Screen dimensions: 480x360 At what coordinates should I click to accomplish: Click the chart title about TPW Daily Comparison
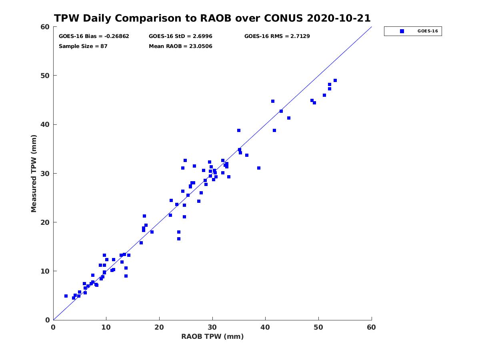[x=212, y=18]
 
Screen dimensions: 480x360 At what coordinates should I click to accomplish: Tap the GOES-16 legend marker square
[x=402, y=31]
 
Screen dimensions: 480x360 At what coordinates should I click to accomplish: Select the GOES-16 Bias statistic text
[x=94, y=36]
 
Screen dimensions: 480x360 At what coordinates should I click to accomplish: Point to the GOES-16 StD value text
[x=180, y=36]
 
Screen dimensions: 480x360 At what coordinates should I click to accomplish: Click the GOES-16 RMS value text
[x=277, y=36]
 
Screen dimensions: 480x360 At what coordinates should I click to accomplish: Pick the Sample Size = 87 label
[x=83, y=46]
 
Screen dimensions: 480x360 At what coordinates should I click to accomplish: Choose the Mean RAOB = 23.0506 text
[x=180, y=46]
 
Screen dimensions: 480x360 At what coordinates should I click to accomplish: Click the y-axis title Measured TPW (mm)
[x=34, y=174]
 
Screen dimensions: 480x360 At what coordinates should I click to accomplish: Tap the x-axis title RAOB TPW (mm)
[x=212, y=336]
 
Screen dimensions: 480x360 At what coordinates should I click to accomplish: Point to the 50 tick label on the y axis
[x=45, y=76]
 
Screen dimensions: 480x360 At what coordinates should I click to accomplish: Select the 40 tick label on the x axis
[x=265, y=327]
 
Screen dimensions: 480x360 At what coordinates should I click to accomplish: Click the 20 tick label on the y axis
[x=45, y=222]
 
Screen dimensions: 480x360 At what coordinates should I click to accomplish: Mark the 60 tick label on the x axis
[x=371, y=327]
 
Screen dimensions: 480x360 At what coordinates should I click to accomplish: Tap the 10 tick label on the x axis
[x=106, y=327]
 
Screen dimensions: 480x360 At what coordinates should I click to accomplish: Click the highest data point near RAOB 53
[x=335, y=80]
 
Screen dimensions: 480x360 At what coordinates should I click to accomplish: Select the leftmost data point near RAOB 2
[x=66, y=296]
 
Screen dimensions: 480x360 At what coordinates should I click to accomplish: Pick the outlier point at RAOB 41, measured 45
[x=273, y=101]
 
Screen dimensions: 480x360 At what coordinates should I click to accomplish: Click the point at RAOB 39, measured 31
[x=259, y=168]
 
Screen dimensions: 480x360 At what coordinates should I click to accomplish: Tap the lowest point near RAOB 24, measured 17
[x=179, y=239]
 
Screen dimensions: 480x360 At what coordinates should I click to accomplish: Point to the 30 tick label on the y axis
[x=45, y=174]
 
